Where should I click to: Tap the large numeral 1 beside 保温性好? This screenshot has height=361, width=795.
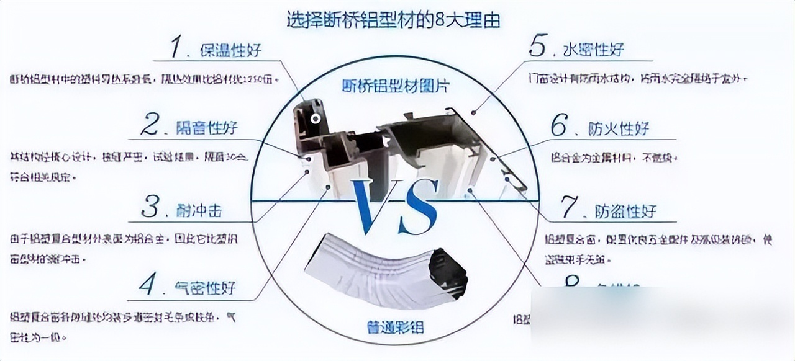point(176,48)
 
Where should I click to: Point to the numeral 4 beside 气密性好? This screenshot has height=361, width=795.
point(147,286)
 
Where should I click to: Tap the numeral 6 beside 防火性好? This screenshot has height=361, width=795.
point(558,127)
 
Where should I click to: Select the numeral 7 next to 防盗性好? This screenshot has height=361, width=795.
point(570,209)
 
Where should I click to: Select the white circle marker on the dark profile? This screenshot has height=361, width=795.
point(316,117)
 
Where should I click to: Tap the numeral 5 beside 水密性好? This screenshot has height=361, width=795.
point(537,47)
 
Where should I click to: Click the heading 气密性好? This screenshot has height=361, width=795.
point(206,288)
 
